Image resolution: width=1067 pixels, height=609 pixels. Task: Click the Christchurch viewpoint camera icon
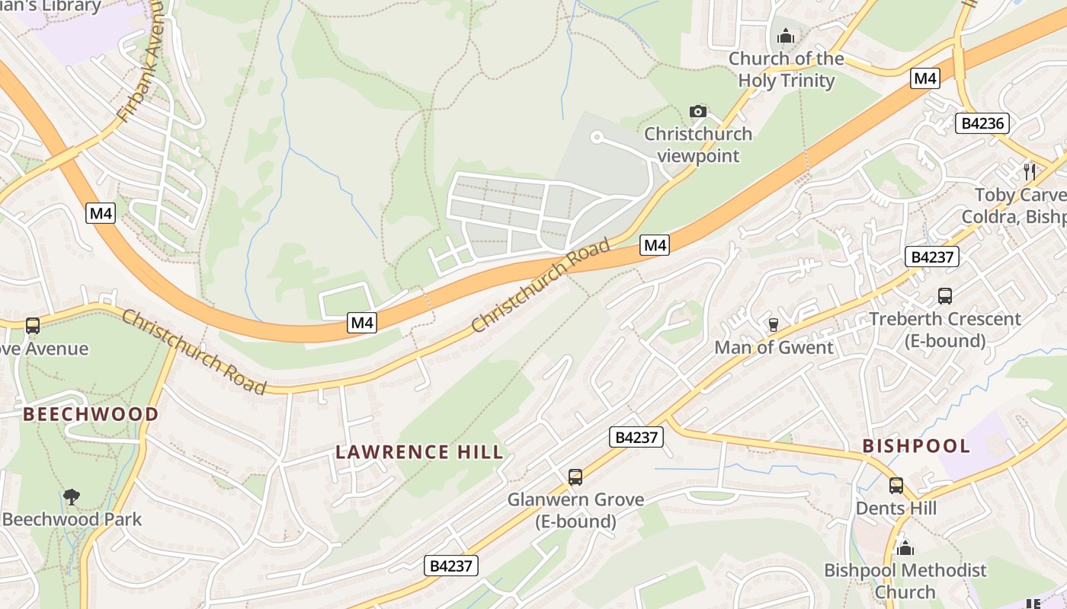tap(697, 112)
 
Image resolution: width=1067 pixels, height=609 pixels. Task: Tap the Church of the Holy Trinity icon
tap(786, 36)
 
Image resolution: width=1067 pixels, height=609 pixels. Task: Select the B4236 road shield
tap(982, 123)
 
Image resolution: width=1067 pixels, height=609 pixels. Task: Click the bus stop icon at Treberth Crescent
tap(944, 296)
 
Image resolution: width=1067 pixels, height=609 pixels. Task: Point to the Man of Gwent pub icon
tap(774, 325)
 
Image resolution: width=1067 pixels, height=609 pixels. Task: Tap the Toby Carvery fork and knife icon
tap(1030, 171)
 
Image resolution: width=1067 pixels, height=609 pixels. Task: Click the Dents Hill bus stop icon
tap(896, 485)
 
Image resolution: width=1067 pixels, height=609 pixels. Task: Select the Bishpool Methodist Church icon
tap(905, 547)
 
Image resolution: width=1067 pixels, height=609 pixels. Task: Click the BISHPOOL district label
tap(916, 446)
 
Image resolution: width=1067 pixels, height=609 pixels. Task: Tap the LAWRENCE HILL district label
tap(420, 452)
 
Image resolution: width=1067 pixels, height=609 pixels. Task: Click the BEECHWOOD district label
tap(91, 414)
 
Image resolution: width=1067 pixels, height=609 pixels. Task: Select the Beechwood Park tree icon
tap(72, 497)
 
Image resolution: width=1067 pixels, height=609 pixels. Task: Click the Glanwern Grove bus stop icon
tap(575, 477)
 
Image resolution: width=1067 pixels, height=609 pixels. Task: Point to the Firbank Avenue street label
tap(141, 69)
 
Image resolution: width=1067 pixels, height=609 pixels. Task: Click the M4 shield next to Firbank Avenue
tap(101, 213)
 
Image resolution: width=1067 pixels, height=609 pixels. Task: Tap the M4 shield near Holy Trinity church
tap(924, 78)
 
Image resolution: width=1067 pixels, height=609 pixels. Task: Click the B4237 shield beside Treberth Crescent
tap(932, 257)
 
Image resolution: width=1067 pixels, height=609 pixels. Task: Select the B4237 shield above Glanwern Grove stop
tap(636, 437)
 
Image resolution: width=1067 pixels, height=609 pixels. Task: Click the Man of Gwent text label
tap(774, 347)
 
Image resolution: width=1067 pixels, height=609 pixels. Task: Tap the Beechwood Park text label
tap(72, 520)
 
